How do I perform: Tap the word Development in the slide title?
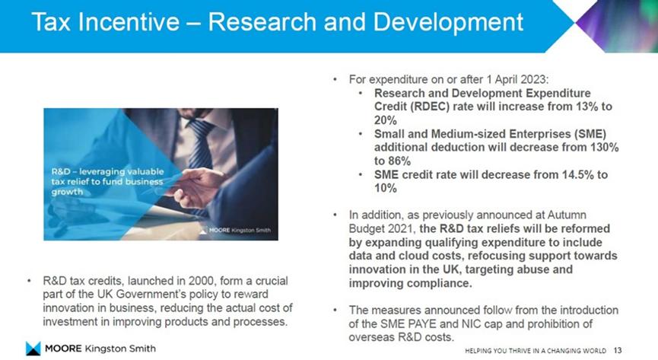pyautogui.click(x=448, y=22)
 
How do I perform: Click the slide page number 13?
pyautogui.click(x=618, y=350)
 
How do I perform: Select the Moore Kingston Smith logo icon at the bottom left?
pyautogui.click(x=33, y=349)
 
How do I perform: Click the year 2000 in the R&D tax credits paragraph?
pyautogui.click(x=202, y=281)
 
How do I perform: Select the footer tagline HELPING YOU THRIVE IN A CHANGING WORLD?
pyautogui.click(x=536, y=350)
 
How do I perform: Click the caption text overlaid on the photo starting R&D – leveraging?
pyautogui.click(x=107, y=181)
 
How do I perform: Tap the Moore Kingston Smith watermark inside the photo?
pyautogui.click(x=235, y=230)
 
